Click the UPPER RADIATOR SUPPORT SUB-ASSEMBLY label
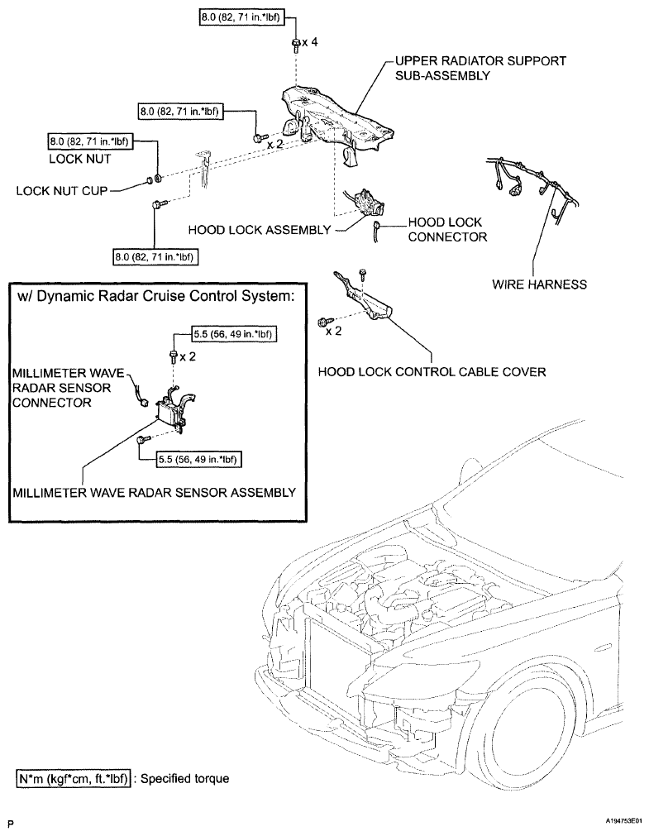click(x=480, y=69)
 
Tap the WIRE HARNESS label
click(x=539, y=284)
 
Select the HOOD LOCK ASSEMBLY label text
click(x=260, y=230)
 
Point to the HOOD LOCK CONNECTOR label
click(x=447, y=229)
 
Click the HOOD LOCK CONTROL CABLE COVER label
click(x=432, y=371)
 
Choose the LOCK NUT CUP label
click(x=62, y=191)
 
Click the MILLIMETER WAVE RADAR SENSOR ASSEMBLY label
click(x=154, y=492)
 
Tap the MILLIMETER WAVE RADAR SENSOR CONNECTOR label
click(x=69, y=388)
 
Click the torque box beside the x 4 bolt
click(x=241, y=17)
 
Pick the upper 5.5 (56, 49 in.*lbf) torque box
click(x=234, y=334)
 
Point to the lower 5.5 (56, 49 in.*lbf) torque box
click(x=198, y=459)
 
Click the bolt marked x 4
click(x=295, y=44)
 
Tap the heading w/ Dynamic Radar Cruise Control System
click(x=155, y=296)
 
